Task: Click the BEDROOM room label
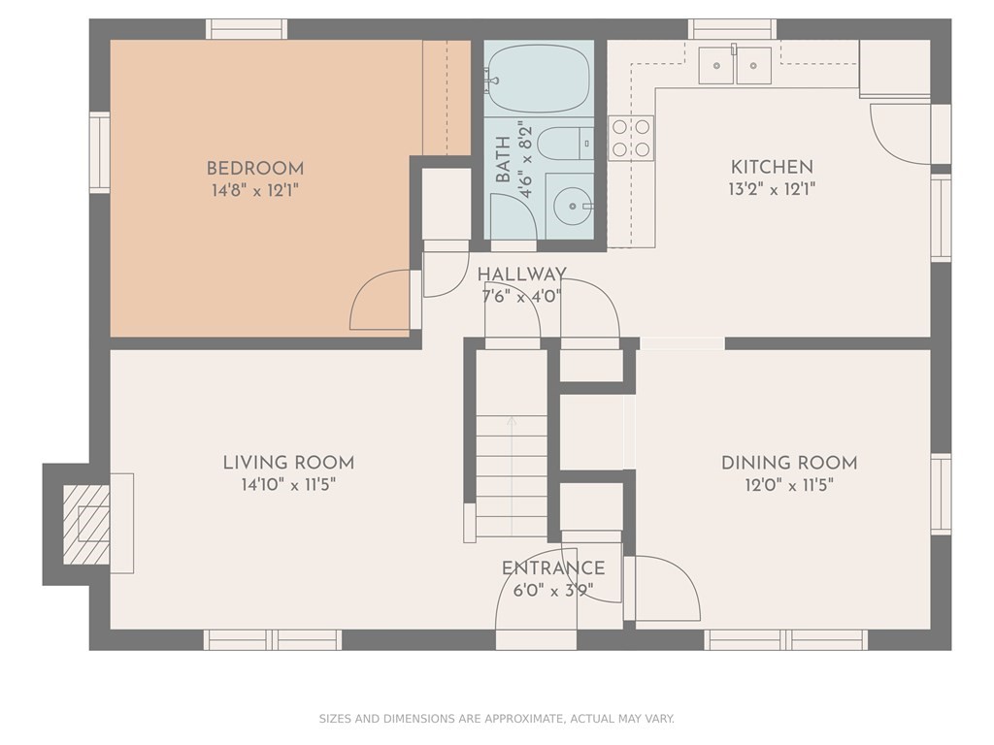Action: point(255,169)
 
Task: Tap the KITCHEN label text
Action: point(772,167)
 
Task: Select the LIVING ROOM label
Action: point(288,463)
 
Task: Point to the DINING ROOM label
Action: point(789,463)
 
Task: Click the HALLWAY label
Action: point(521,275)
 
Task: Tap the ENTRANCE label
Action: point(552,567)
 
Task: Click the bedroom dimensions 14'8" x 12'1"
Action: point(255,190)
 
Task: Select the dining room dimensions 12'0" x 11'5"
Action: point(789,485)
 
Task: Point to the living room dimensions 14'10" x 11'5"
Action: point(288,485)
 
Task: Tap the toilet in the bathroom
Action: point(565,144)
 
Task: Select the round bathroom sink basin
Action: point(573,206)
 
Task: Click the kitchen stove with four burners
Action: point(631,138)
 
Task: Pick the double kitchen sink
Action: point(736,65)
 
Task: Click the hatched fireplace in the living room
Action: point(86,524)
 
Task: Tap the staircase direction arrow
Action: point(512,475)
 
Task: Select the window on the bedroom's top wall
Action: point(247,29)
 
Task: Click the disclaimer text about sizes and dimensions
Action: point(496,719)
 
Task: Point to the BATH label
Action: point(503,160)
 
